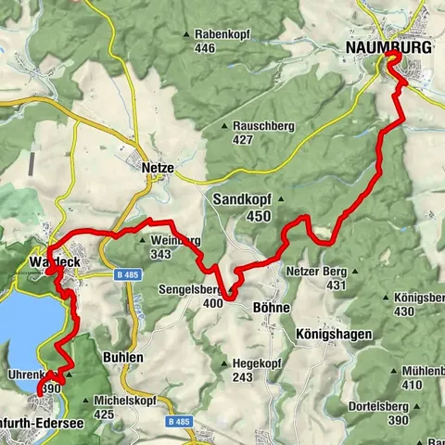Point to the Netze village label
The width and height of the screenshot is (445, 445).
point(159,170)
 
